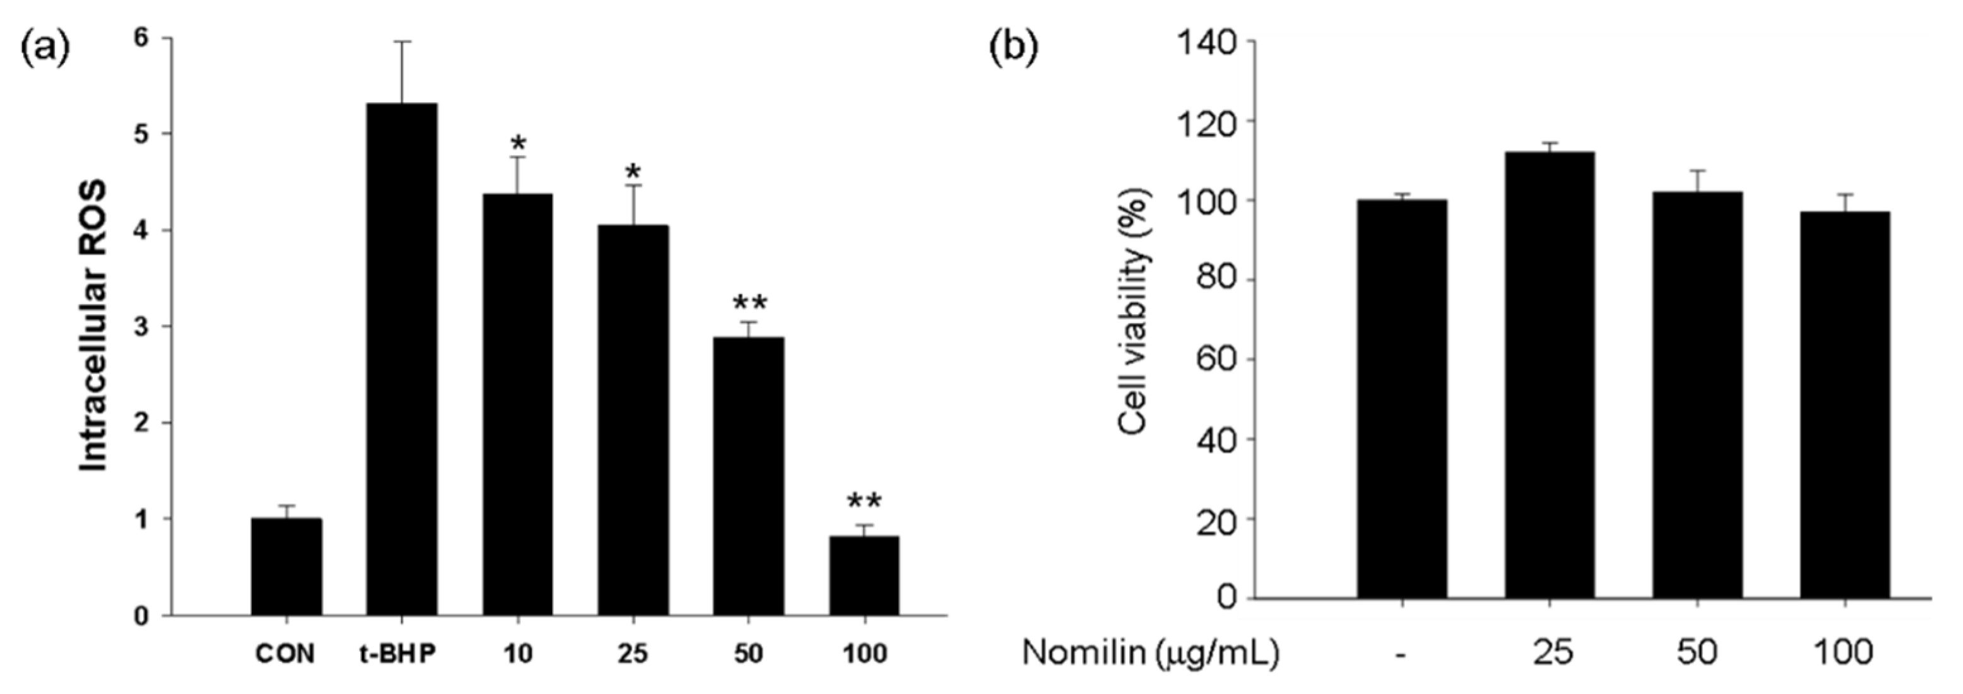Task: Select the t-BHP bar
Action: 401,358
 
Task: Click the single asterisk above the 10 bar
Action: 518,144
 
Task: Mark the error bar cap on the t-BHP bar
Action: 402,42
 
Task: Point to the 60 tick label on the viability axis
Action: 1216,360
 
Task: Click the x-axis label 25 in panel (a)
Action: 633,654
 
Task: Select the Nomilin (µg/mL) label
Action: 1149,653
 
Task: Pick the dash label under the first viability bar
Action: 1401,653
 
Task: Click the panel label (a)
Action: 44,47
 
